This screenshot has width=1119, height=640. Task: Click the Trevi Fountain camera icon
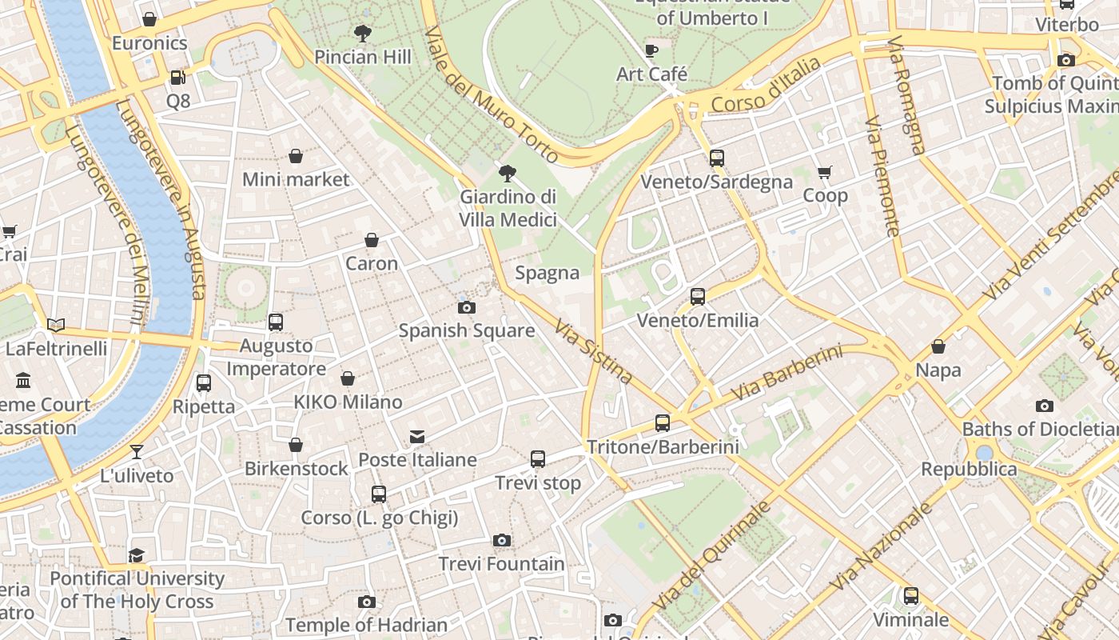pos(501,541)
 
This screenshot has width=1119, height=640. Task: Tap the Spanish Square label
pos(467,330)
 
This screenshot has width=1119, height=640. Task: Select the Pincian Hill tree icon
pos(363,34)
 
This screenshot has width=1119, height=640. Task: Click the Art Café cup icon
pos(651,51)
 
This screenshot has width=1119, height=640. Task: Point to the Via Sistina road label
pos(594,352)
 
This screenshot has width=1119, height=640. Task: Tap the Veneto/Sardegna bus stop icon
pos(716,158)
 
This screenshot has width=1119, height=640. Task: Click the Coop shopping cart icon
pos(825,172)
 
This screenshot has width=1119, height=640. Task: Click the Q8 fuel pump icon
pos(178,78)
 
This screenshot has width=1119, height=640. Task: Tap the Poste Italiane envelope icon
pos(417,437)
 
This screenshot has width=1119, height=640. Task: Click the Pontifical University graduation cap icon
pos(137,555)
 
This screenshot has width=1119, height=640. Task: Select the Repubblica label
pos(969,469)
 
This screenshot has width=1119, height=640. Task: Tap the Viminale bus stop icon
pos(910,596)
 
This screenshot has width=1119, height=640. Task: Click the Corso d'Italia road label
pos(765,86)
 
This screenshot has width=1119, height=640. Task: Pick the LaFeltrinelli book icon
pos(56,325)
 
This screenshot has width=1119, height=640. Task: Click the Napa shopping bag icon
pos(938,347)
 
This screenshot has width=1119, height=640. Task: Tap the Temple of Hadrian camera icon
pos(367,602)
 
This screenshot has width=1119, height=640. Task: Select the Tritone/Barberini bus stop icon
pos(663,423)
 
